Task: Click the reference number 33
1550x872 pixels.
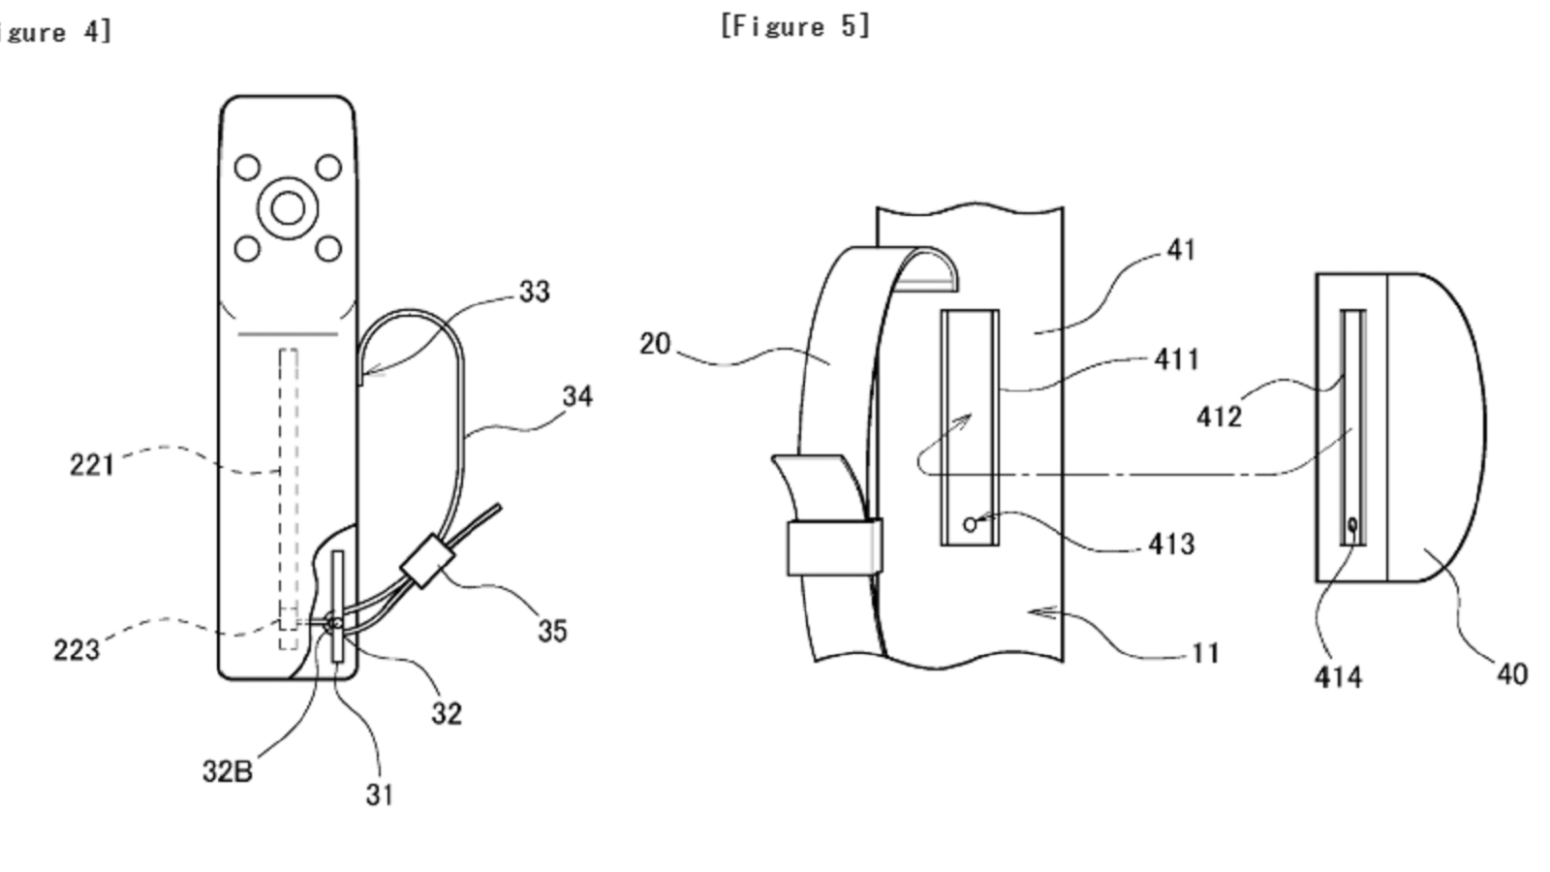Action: pos(534,292)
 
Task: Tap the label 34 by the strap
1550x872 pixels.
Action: pos(577,396)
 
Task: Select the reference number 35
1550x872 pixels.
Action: pos(552,631)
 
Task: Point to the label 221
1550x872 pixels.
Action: pos(92,465)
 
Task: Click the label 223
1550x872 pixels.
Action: pos(77,649)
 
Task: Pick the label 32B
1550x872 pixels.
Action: pos(227,771)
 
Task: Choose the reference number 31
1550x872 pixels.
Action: pos(380,794)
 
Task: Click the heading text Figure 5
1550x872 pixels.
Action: pos(794,26)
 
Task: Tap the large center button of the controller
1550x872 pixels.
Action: pos(288,207)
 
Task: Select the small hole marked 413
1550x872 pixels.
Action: pos(970,525)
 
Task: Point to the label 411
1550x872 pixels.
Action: pos(1176,359)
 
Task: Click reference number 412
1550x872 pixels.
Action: pos(1219,417)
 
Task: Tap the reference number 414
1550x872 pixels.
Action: pos(1338,676)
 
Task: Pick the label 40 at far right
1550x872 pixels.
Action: pos(1511,673)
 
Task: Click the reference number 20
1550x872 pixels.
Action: pos(655,344)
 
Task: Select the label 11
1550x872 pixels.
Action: pos(1204,653)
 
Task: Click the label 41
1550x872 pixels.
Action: pos(1181,250)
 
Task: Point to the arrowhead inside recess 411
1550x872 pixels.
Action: pos(965,420)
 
